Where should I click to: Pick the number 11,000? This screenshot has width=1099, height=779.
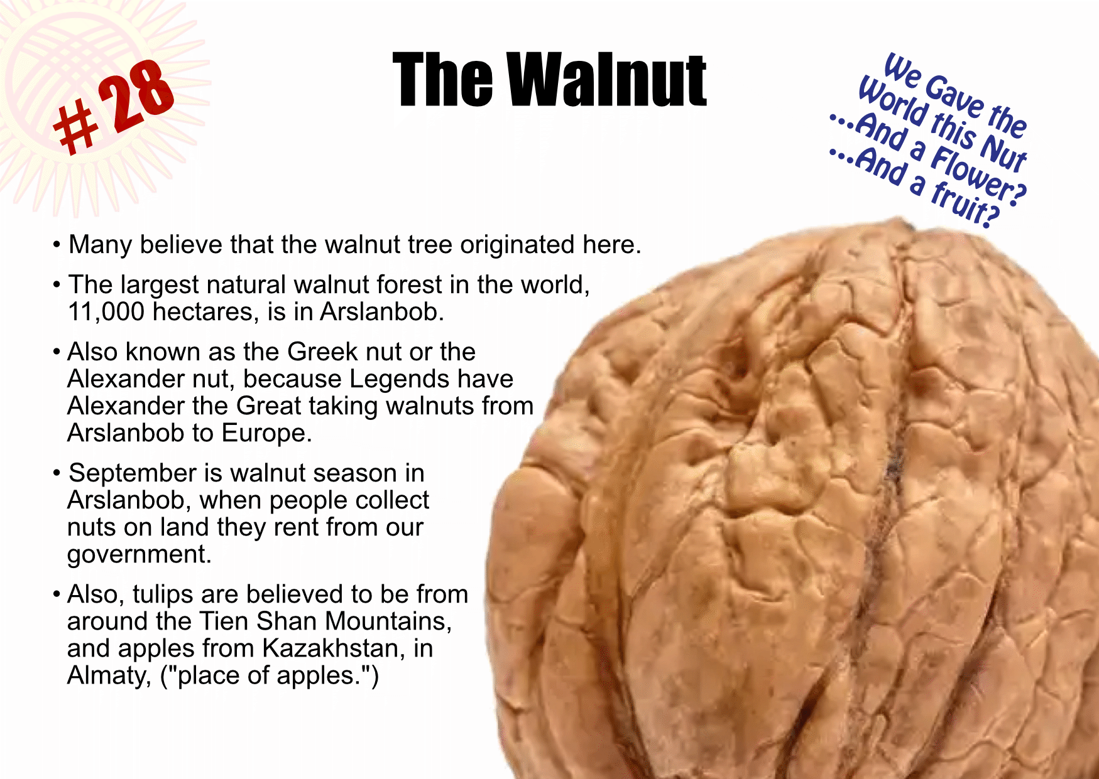click(x=106, y=312)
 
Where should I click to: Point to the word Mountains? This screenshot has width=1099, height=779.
click(x=388, y=622)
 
